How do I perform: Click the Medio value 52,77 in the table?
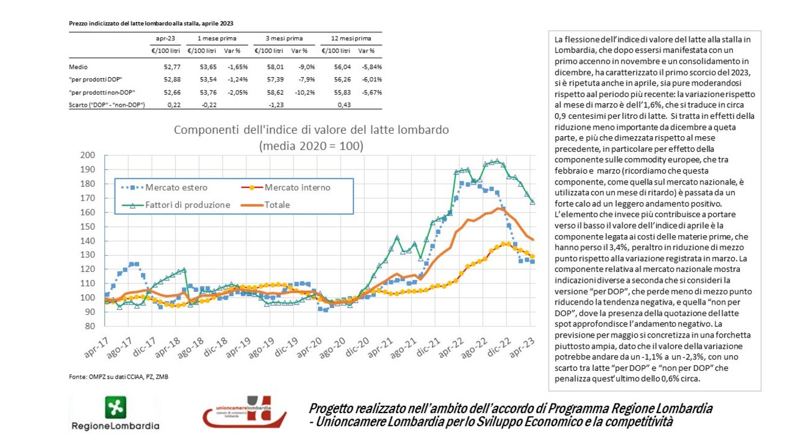click(172, 67)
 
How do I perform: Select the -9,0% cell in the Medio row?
click(307, 67)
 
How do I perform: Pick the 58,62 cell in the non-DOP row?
click(275, 92)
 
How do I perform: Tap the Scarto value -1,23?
click(276, 105)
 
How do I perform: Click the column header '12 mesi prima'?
click(351, 39)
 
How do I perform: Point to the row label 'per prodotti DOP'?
click(95, 80)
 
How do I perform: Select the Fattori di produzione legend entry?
click(176, 205)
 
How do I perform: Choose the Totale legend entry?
click(266, 205)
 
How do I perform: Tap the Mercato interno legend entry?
click(285, 188)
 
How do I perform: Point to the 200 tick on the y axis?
click(88, 155)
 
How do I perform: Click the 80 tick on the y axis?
click(90, 326)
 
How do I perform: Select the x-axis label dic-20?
click(357, 347)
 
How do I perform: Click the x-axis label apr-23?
click(522, 347)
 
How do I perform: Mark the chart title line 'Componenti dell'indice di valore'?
click(311, 130)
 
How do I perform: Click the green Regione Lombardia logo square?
click(116, 408)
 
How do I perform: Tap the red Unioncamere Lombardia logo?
click(245, 412)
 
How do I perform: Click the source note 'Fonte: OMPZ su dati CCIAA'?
click(119, 377)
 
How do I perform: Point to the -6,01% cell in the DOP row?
click(372, 80)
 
